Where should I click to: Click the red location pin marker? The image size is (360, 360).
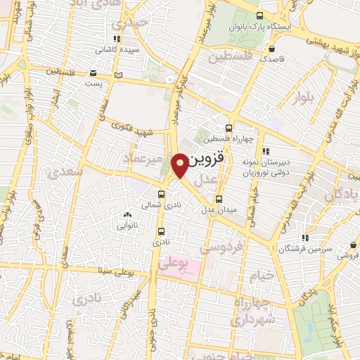tap(180, 165)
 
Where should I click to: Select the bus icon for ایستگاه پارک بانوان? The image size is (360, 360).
tap(259, 16)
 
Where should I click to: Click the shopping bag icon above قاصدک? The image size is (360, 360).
tap(271, 49)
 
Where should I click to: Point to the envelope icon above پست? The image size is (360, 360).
tap(94, 73)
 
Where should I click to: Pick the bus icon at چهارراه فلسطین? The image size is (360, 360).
tap(229, 128)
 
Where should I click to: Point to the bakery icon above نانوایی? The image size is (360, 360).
tap(127, 215)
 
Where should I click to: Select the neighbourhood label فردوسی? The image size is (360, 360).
tap(222, 247)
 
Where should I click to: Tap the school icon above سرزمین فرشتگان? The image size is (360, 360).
tap(304, 238)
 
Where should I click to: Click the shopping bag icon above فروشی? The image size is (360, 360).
tap(352, 245)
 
